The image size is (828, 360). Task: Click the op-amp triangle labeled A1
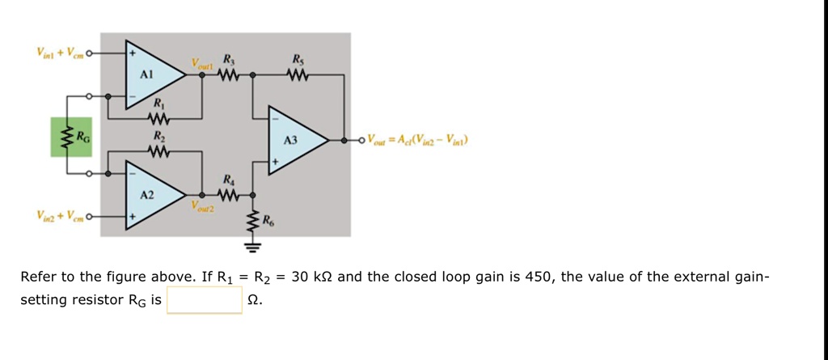point(150,74)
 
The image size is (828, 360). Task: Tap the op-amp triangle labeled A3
point(295,140)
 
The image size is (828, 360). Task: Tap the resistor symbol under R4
point(228,196)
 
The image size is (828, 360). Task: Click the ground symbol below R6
point(253,245)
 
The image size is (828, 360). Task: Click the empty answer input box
point(204,301)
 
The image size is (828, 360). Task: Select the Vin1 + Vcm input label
point(60,53)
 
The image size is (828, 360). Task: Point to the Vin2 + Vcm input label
point(60,216)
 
